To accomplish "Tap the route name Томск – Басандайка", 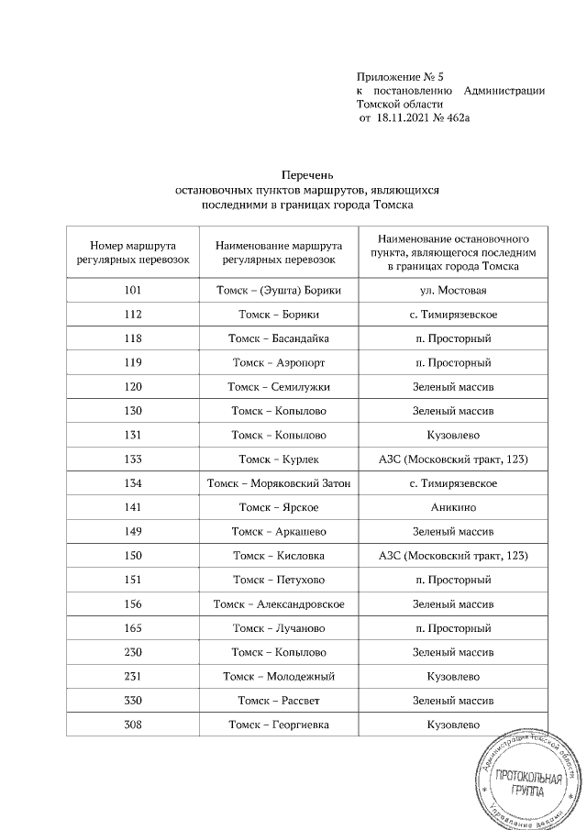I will tap(279, 338).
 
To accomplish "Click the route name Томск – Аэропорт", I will tap(279, 362).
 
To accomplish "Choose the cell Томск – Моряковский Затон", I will tap(279, 483).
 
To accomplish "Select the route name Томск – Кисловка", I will tap(279, 556).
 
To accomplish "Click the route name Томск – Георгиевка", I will tap(279, 725).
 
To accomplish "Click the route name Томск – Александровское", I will tap(279, 604).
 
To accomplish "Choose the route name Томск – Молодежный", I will tap(279, 677).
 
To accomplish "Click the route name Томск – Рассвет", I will tap(279, 701).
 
